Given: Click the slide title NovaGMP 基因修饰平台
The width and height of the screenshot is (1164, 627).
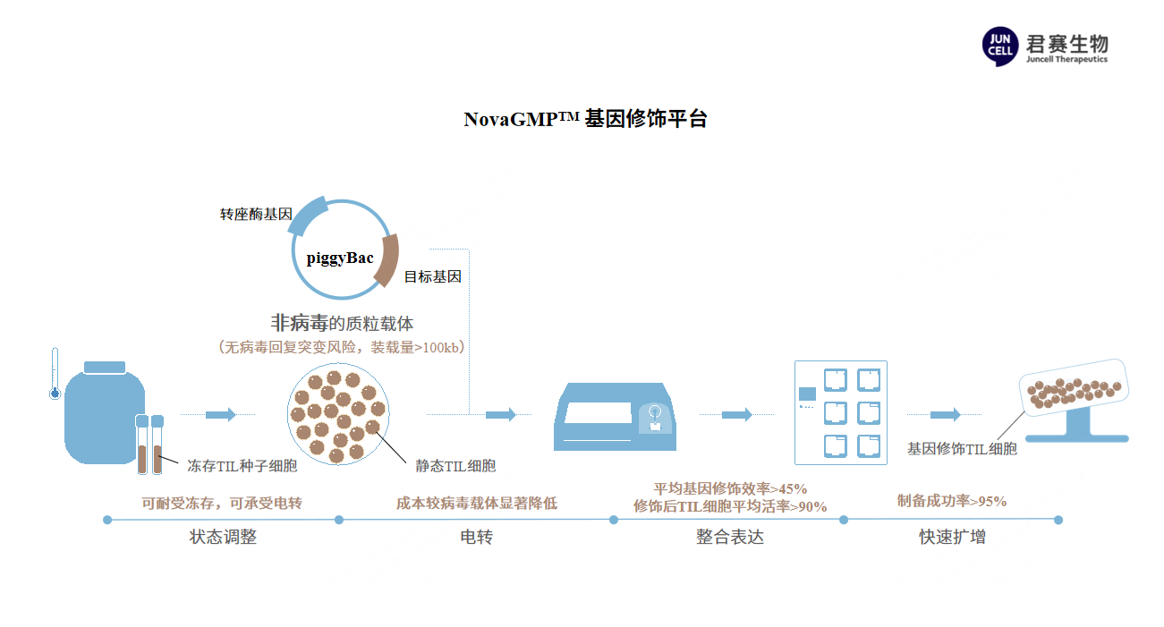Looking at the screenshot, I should [585, 119].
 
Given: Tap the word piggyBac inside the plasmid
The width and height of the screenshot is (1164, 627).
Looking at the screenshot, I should [340, 258].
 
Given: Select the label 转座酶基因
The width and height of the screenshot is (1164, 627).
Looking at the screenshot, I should [256, 216].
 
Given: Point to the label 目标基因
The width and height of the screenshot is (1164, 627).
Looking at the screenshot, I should [433, 277].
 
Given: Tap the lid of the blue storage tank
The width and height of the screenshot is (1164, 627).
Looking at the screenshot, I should [105, 367].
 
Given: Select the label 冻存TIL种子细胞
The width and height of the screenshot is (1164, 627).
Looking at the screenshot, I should [242, 466].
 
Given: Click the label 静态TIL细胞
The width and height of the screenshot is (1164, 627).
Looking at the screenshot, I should [455, 466].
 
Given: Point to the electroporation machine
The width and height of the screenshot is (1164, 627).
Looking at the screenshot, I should [617, 417].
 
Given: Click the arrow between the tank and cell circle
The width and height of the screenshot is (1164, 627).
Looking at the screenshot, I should [221, 414].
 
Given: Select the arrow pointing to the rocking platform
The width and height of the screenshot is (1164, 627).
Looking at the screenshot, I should [945, 414].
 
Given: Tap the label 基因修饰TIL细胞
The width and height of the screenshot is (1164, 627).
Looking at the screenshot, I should [962, 449].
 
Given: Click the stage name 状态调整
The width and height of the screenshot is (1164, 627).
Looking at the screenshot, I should [223, 538].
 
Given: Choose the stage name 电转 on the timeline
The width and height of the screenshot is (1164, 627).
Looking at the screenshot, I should [476, 538].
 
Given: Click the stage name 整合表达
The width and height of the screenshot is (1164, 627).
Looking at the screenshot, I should [730, 538].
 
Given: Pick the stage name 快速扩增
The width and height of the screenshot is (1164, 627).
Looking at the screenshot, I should [953, 538].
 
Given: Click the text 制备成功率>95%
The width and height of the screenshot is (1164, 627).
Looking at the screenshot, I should [952, 501].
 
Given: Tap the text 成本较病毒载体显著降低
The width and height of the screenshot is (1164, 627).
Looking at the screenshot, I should [476, 504].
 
